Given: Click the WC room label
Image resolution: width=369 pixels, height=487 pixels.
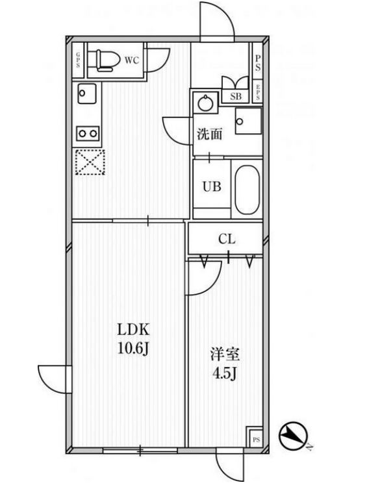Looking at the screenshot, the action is point(132,60).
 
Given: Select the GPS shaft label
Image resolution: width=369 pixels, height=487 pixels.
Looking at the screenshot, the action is point(78,60).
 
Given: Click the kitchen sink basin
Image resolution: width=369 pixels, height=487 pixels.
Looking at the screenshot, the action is point(87,94).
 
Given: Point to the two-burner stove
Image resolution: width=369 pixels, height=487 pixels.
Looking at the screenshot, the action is point(88,134).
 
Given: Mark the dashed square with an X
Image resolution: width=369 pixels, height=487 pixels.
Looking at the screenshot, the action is point(90,162).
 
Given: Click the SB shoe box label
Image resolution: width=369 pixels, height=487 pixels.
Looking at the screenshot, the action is point(236,96).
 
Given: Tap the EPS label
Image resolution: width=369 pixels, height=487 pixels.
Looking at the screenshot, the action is point(257,92).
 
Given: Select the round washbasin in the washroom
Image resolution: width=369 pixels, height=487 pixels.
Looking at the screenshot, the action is point(205,103).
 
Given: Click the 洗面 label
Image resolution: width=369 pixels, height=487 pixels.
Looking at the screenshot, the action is point(210,134).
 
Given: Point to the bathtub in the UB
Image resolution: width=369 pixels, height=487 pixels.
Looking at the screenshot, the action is point(247,190).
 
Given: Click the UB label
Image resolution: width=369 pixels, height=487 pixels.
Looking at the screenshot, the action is point(212,187).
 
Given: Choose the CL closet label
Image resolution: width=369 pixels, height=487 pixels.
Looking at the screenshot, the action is point(227,239).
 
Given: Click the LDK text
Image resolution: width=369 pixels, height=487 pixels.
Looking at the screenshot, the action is point(133,330).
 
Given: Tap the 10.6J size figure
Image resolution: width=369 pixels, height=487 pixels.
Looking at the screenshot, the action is point(133,349).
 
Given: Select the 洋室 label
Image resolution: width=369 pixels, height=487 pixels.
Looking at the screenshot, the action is point(225,355).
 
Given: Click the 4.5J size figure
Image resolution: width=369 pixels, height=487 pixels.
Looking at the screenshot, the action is point(224,373).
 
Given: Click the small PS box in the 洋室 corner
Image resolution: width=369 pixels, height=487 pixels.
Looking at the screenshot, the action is point(256,440).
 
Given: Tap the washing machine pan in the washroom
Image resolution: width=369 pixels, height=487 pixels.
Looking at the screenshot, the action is point(248,121).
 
